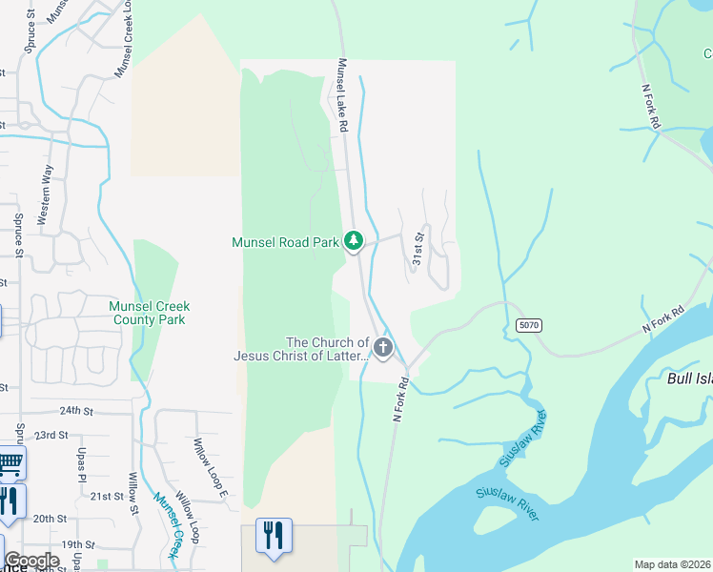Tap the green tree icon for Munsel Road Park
tap(354, 241)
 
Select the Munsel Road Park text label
tap(286, 243)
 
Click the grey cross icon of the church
tap(383, 348)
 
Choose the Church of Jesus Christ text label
tap(301, 349)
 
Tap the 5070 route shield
tap(529, 325)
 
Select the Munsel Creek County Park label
tap(149, 313)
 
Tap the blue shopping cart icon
tap(10, 463)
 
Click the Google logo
tap(31, 560)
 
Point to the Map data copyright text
tap(672, 564)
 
